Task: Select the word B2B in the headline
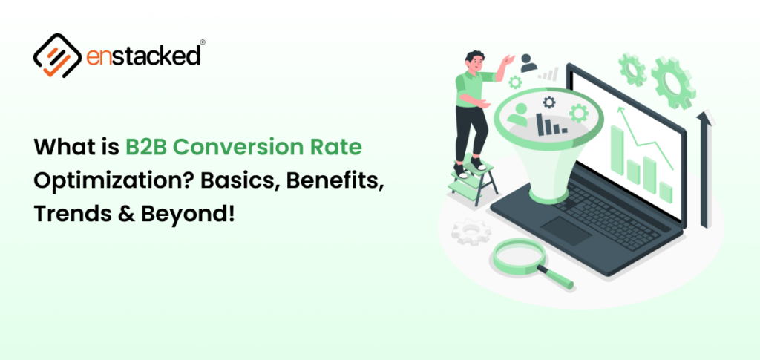[x=148, y=147]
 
